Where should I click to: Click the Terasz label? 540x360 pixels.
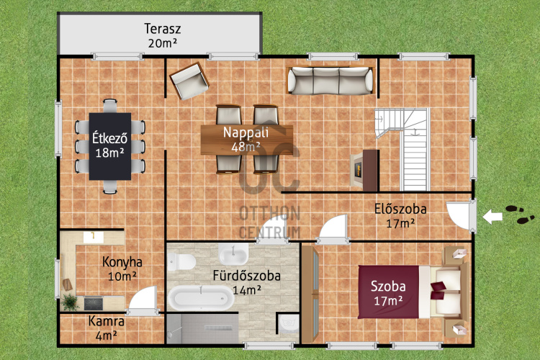[163, 29]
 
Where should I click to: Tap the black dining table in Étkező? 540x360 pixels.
[110, 146]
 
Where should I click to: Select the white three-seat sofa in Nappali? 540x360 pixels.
[330, 81]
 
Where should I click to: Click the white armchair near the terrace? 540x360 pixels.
[189, 81]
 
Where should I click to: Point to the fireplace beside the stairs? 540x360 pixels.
[364, 170]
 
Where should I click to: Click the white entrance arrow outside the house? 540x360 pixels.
[492, 217]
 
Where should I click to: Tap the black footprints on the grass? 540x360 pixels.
[520, 214]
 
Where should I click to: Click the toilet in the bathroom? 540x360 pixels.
[181, 262]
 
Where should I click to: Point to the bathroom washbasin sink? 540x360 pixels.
[233, 254]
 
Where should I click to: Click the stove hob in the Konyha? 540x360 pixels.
[94, 304]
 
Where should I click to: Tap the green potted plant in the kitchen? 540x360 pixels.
[70, 302]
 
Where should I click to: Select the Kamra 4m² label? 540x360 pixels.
[107, 328]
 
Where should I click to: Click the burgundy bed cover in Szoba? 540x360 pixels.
[389, 292]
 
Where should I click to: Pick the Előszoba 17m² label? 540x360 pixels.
[400, 216]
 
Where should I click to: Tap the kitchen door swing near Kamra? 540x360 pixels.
[143, 300]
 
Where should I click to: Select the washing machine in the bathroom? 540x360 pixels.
[288, 324]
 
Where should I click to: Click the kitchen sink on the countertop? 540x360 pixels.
[94, 237]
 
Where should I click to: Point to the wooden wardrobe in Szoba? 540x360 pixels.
[310, 294]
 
